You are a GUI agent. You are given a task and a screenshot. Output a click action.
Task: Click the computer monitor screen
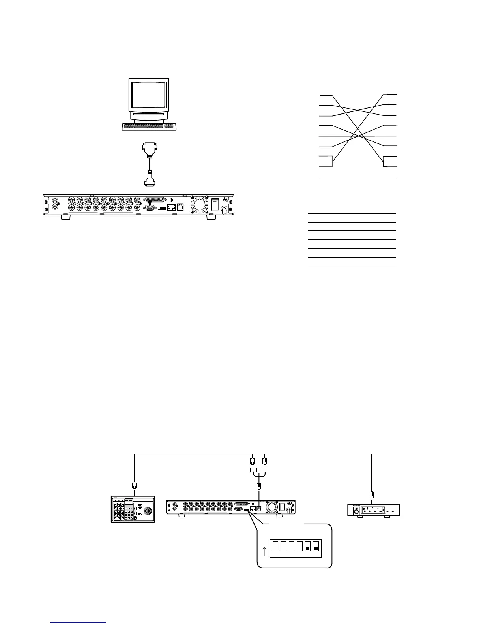pos(149,96)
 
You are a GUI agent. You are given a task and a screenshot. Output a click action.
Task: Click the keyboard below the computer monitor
pos(149,126)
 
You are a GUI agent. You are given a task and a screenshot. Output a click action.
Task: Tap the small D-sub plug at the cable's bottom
pos(149,181)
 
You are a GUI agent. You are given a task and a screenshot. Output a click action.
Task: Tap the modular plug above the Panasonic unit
pos(371,494)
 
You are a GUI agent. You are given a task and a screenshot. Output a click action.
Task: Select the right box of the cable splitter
pos(265,470)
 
